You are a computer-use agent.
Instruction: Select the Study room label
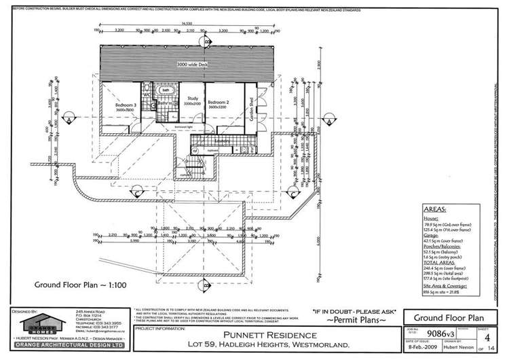(x=192, y=101)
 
